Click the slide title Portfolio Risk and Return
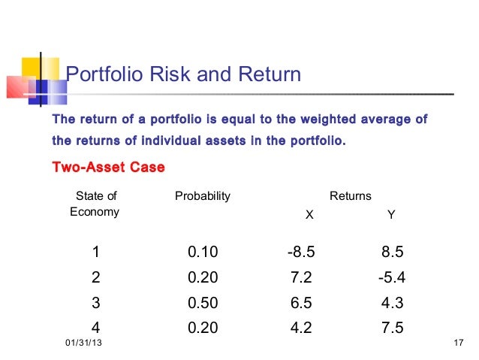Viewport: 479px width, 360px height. (x=184, y=74)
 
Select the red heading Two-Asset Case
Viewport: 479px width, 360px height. (x=107, y=167)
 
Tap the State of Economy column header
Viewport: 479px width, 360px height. (x=95, y=204)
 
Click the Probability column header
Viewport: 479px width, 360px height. (x=202, y=196)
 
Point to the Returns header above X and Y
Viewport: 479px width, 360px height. (x=351, y=196)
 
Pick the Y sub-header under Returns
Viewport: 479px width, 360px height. (x=390, y=215)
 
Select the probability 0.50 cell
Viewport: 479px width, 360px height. (x=203, y=304)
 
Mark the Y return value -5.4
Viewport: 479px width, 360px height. (x=391, y=277)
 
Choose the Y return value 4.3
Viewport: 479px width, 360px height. (x=392, y=304)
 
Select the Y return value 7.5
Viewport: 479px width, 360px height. (x=392, y=329)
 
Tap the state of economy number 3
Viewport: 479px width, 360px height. (x=95, y=304)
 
